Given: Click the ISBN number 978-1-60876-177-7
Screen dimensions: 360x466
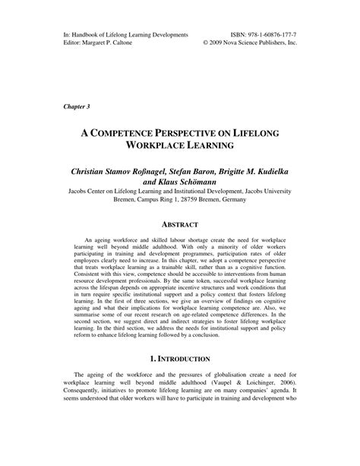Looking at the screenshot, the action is (269, 34).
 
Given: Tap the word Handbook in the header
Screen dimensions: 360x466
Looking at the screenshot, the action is (94, 34).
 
